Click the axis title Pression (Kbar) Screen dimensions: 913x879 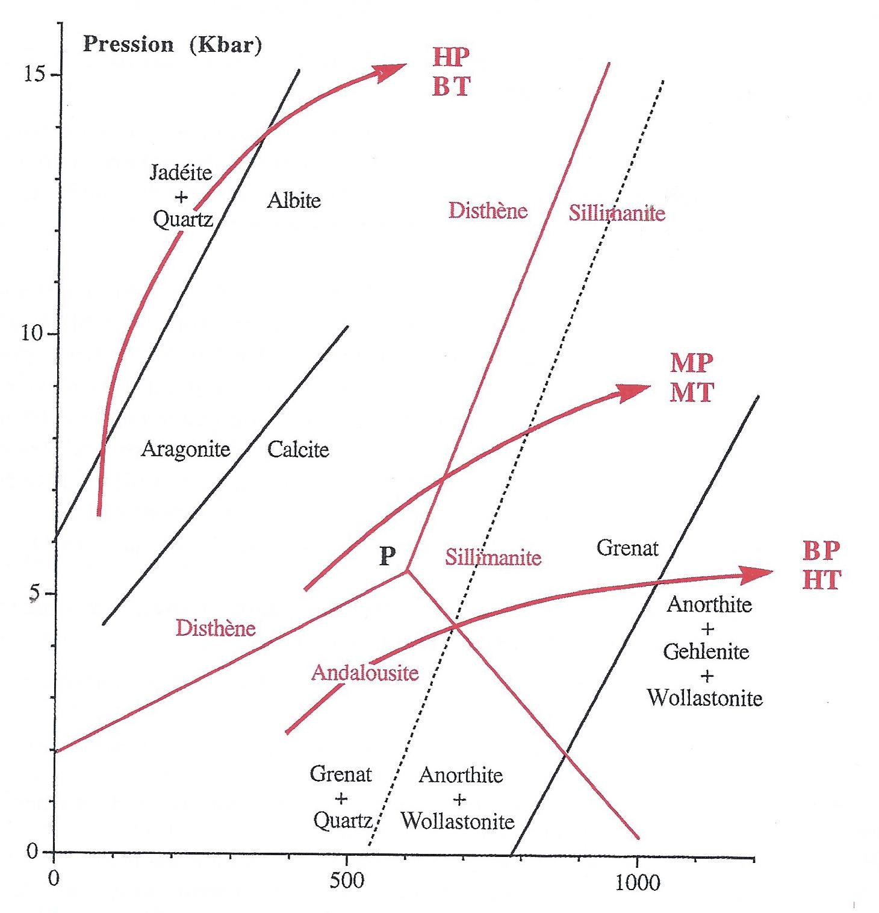click(x=172, y=45)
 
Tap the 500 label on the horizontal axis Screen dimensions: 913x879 click(x=347, y=881)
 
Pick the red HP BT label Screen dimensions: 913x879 click(x=451, y=72)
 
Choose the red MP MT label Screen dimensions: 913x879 click(x=692, y=378)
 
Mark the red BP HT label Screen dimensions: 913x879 click(x=822, y=565)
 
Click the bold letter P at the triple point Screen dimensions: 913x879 click(x=387, y=556)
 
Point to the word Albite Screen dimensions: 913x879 click(x=294, y=200)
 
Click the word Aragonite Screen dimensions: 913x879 click(x=185, y=449)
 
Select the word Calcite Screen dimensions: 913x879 click(x=298, y=450)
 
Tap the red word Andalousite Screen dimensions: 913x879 click(x=365, y=672)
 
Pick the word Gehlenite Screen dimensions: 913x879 click(x=706, y=651)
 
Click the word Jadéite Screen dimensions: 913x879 click(x=181, y=173)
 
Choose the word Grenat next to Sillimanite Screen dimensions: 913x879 click(x=627, y=548)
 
